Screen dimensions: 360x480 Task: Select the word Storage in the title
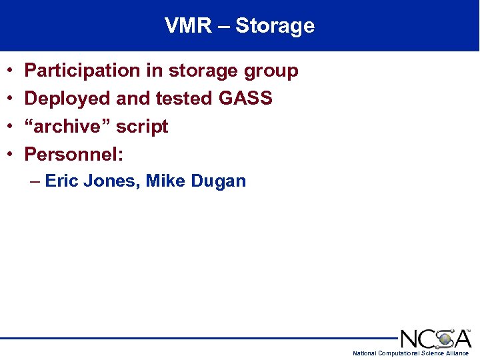(275, 26)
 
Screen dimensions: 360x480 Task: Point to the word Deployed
(67, 99)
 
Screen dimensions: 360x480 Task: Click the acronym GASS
(245, 99)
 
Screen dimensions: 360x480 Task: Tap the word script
(143, 127)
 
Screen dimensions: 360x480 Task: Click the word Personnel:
(74, 155)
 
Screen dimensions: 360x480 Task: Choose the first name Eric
(62, 181)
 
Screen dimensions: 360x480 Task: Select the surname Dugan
(219, 181)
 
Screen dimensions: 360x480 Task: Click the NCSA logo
(435, 338)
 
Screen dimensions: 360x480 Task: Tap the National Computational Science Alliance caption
(411, 353)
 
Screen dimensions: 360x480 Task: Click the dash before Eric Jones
(35, 181)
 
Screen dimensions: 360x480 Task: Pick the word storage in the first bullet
(200, 71)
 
